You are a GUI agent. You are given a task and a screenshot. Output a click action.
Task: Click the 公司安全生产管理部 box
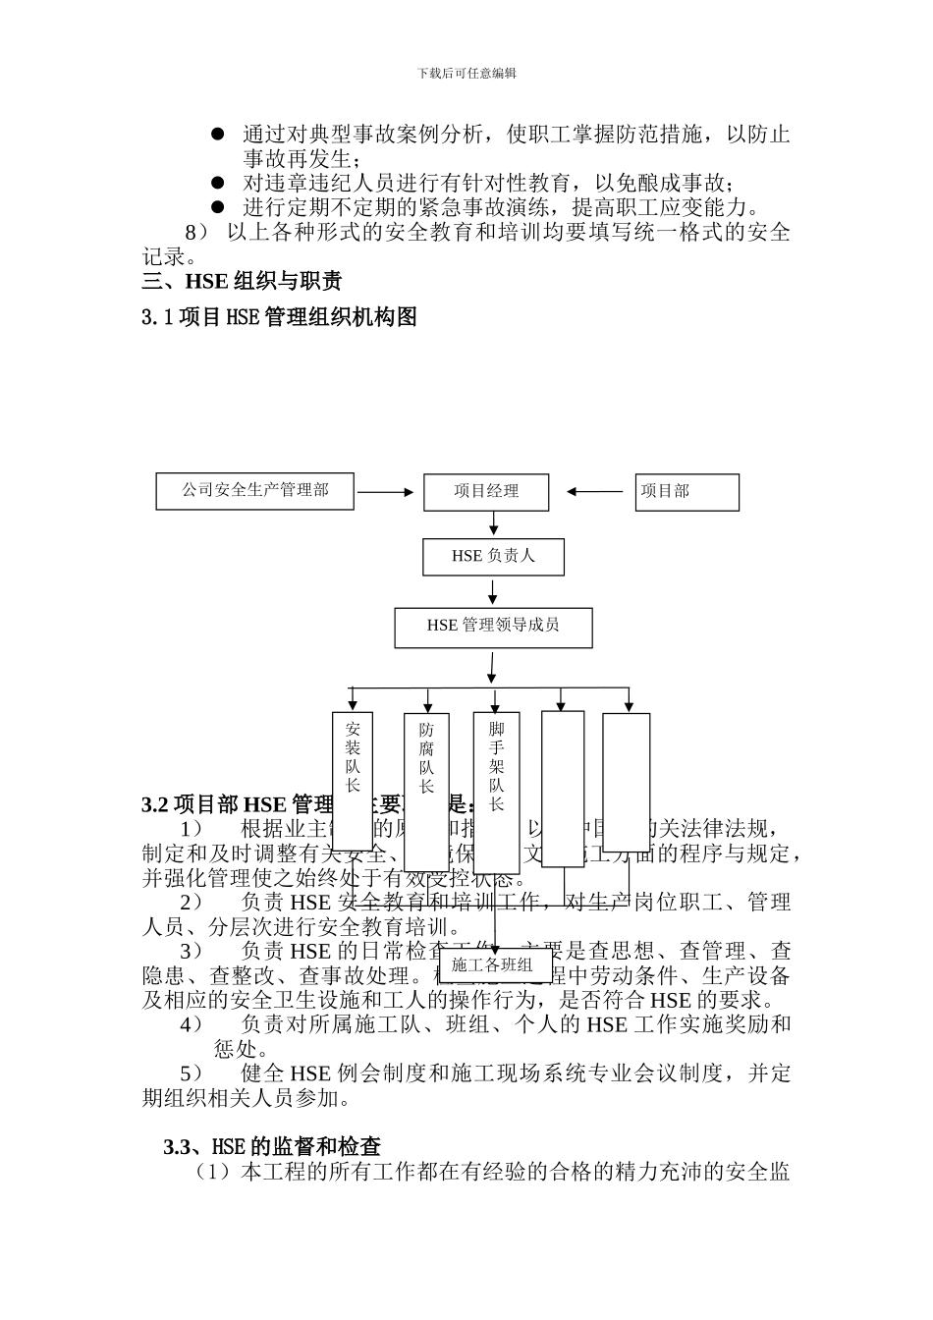[255, 491]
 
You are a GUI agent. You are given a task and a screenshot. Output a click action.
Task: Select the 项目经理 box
[486, 492]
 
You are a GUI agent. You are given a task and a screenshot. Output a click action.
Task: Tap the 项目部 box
[686, 492]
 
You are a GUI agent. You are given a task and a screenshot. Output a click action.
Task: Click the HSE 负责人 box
[493, 557]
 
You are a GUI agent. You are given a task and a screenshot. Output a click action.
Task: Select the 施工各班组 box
[492, 965]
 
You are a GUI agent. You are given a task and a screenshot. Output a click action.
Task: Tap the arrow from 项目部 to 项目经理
[596, 492]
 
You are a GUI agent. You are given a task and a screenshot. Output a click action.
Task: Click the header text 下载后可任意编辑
[466, 73]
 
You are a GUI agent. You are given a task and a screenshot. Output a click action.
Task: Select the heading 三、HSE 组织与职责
[242, 283]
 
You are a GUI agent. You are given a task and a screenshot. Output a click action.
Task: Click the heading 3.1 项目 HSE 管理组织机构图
[280, 317]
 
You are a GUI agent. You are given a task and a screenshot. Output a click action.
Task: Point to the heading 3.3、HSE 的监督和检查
[273, 1146]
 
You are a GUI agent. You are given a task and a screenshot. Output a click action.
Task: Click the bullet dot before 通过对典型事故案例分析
[218, 134]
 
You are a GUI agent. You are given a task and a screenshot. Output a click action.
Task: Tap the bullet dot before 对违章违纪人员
[218, 183]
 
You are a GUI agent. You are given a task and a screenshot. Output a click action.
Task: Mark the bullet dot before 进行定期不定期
[218, 207]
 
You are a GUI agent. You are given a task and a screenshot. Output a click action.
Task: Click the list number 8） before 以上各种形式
[197, 233]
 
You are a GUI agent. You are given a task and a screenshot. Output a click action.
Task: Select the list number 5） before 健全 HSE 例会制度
[192, 1073]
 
